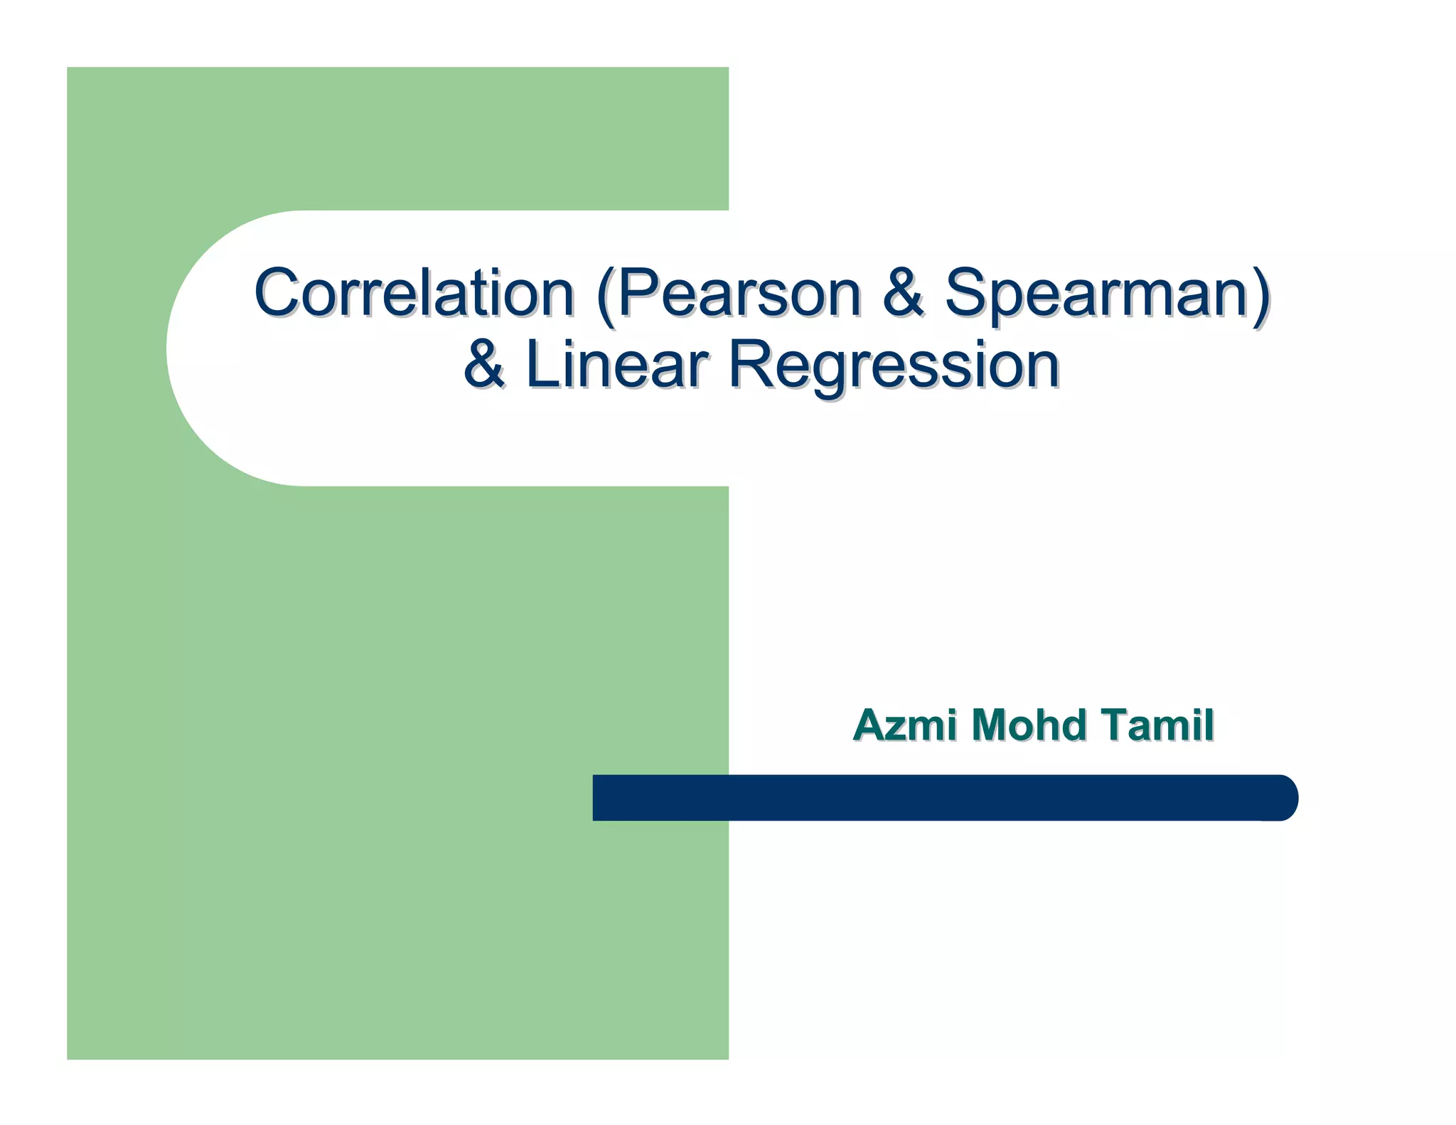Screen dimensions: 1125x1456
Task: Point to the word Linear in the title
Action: tap(616, 364)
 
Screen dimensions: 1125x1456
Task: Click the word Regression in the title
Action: tap(894, 364)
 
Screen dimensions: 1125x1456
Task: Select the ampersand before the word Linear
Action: tap(484, 364)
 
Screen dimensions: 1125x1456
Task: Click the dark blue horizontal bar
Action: tap(924, 797)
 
